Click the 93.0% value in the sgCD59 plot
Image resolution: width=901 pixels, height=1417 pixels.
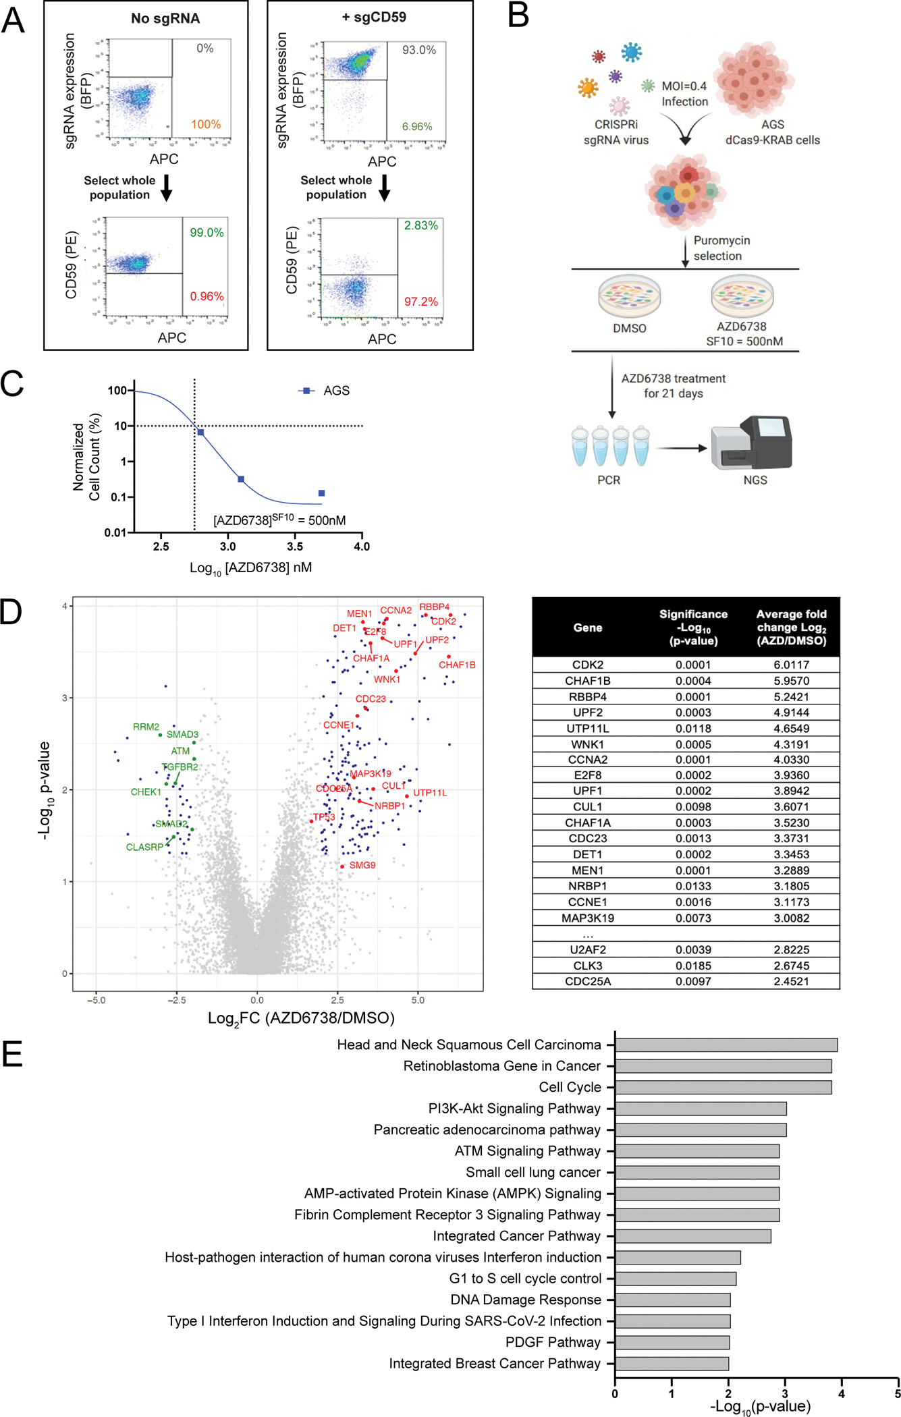pyautogui.click(x=419, y=50)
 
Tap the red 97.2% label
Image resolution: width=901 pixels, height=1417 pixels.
pyautogui.click(x=421, y=302)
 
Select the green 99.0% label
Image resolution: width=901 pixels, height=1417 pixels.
pyautogui.click(x=207, y=233)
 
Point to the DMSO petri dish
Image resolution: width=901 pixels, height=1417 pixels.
pyautogui.click(x=629, y=297)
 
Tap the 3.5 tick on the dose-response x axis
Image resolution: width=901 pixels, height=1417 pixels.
pyautogui.click(x=295, y=547)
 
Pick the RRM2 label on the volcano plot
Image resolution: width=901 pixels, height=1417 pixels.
pyautogui.click(x=146, y=727)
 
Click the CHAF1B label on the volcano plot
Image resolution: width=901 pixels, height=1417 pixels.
pyautogui.click(x=457, y=665)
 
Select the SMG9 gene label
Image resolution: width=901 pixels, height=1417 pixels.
pyautogui.click(x=362, y=865)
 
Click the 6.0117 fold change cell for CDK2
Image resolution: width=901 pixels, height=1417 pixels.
pyautogui.click(x=791, y=665)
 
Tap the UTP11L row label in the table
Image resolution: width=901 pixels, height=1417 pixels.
pyautogui.click(x=587, y=728)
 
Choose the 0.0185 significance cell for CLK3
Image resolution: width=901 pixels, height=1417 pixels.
pyautogui.click(x=693, y=966)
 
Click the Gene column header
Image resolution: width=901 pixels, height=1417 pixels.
pyautogui.click(x=587, y=628)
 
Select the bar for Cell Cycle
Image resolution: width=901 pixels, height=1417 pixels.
pyautogui.click(x=723, y=1087)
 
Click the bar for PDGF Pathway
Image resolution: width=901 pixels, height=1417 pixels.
pyautogui.click(x=672, y=1342)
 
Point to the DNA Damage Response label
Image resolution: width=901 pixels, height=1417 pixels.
pyautogui.click(x=526, y=1300)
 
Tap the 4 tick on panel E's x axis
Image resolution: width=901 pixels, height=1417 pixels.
pyautogui.click(x=842, y=1393)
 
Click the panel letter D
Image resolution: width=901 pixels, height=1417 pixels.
pyautogui.click(x=11, y=612)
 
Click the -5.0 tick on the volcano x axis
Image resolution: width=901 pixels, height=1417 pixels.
pyautogui.click(x=96, y=1000)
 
